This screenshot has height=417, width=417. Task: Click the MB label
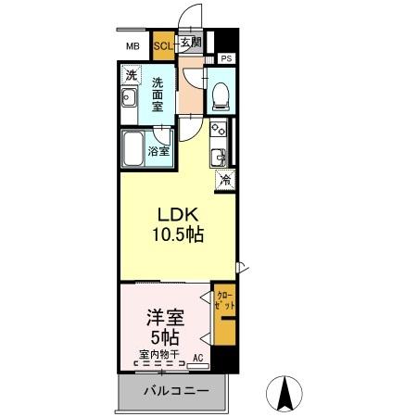tap(133, 44)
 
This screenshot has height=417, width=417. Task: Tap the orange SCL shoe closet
tap(162, 44)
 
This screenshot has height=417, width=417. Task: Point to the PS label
tap(226, 58)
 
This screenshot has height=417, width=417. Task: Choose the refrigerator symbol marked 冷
tap(224, 181)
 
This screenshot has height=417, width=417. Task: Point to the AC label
tap(197, 356)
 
